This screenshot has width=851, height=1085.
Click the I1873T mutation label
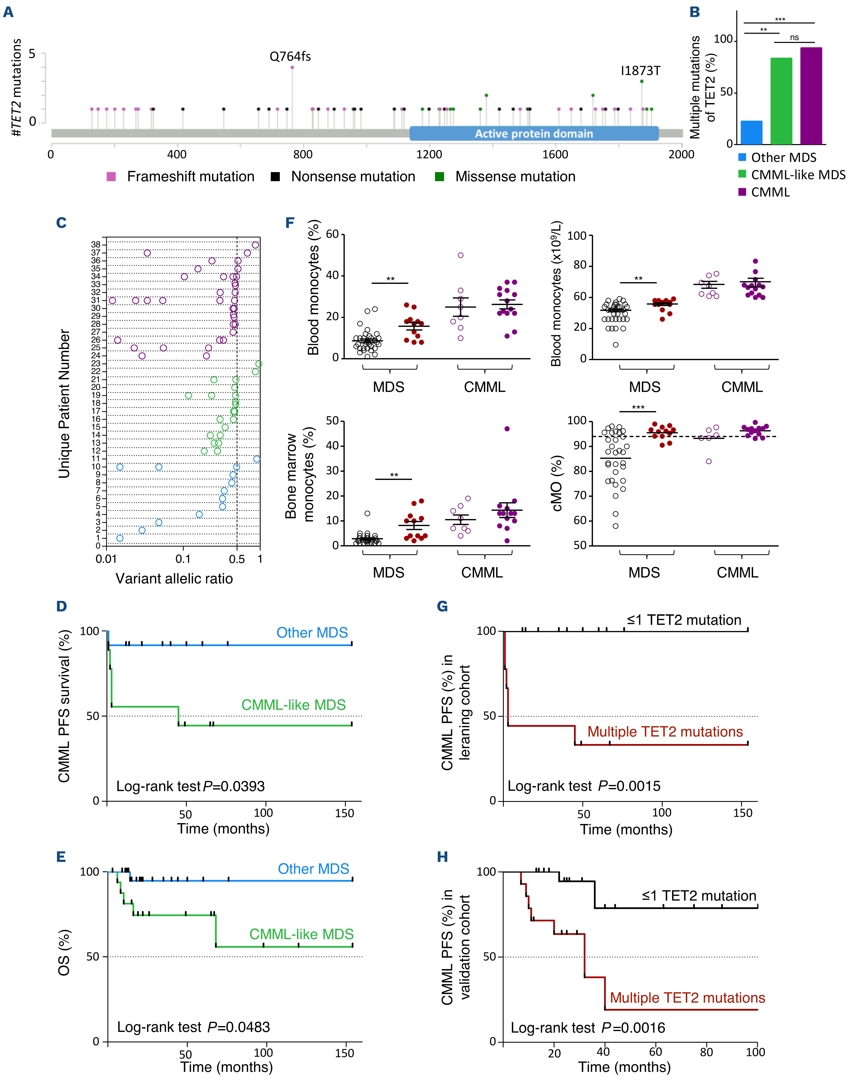[x=640, y=71]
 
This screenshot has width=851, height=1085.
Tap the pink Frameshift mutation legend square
[x=111, y=176]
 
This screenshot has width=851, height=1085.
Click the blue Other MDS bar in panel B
[x=751, y=133]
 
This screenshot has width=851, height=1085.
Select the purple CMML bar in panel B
[x=811, y=96]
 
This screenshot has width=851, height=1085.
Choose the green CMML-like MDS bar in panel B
[x=781, y=101]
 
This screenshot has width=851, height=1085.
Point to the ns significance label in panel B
[x=794, y=37]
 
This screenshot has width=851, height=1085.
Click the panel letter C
[x=61, y=223]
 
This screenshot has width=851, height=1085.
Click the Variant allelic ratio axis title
[x=174, y=579]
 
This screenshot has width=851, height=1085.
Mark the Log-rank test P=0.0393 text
[x=190, y=786]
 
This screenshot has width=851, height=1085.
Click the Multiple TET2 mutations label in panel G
[x=665, y=732]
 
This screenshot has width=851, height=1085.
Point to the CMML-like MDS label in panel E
[x=301, y=934]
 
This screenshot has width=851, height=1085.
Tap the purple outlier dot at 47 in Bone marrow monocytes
[x=507, y=429]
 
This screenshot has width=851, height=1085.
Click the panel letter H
[x=442, y=857]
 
